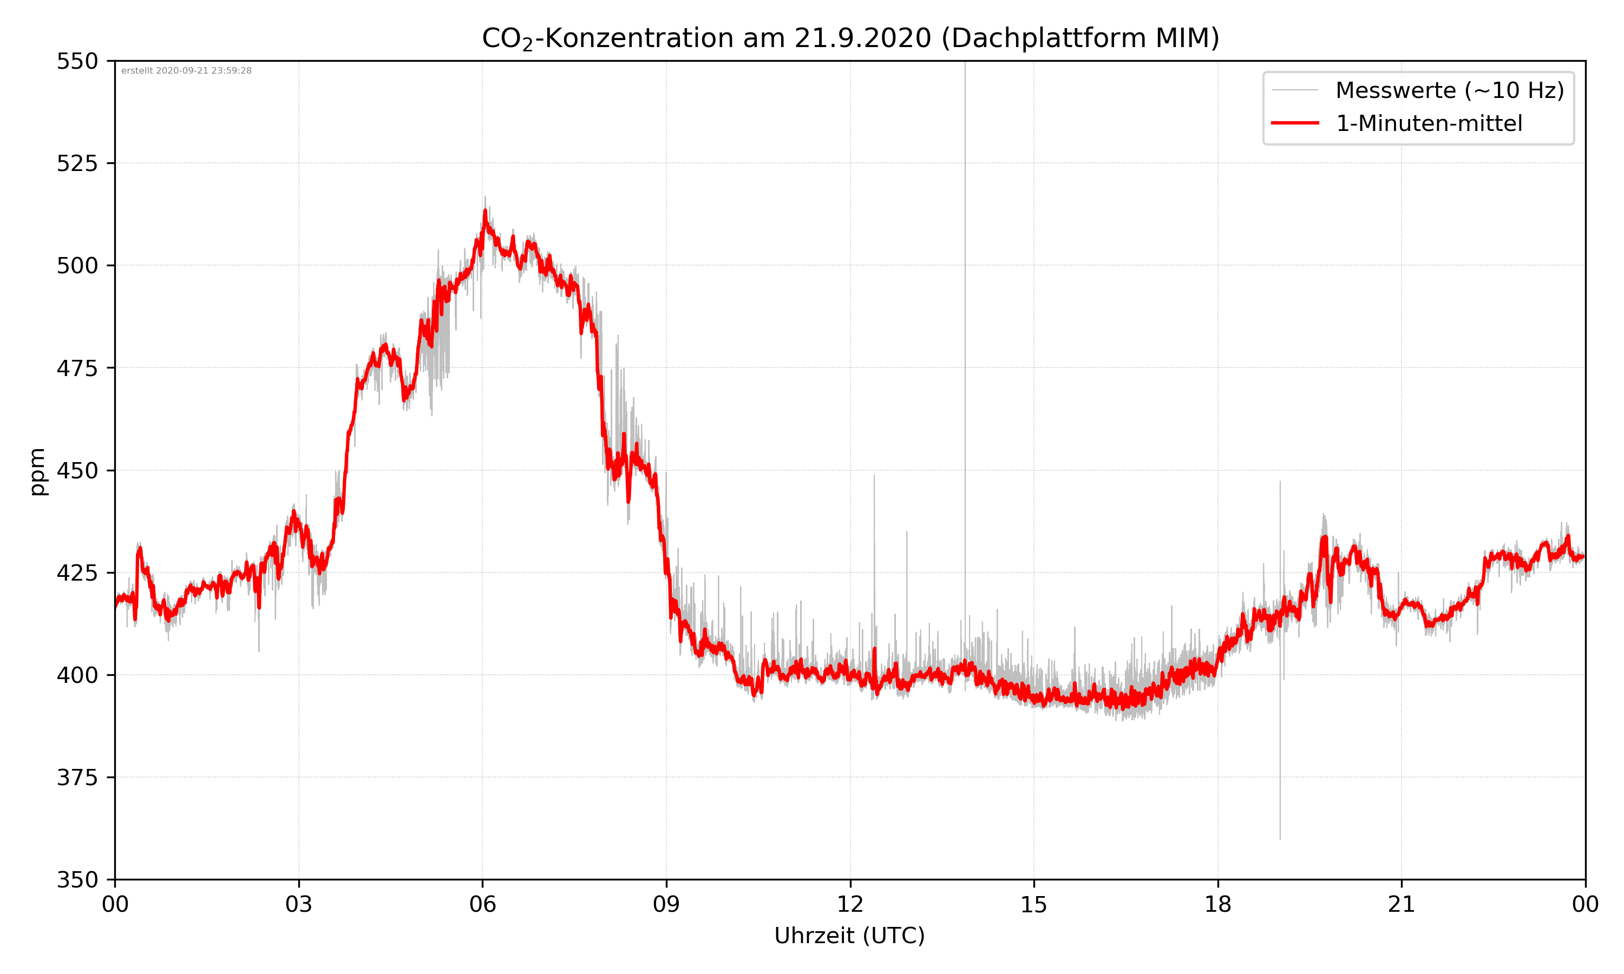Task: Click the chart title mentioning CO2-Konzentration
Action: [x=850, y=38]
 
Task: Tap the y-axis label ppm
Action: [x=37, y=471]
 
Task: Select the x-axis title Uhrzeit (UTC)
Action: [x=849, y=935]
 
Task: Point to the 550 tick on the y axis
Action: [x=77, y=61]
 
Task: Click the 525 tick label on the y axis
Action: [x=77, y=163]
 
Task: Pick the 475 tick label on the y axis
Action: [x=77, y=368]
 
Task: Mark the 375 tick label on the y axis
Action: [x=77, y=778]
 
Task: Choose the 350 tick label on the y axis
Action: [x=77, y=879]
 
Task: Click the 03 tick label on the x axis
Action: [x=299, y=904]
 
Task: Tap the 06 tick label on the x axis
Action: [x=482, y=904]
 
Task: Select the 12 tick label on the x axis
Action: [x=850, y=904]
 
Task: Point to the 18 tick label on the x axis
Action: [x=1217, y=904]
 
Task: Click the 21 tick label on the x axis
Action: [x=1402, y=904]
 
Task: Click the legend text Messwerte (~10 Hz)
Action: [x=1449, y=90]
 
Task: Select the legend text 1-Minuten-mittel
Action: [x=1429, y=123]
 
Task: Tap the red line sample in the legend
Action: [x=1294, y=123]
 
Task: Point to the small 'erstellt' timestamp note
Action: [x=186, y=71]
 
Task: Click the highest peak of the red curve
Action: [x=485, y=210]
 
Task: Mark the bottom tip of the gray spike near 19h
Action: [x=1279, y=838]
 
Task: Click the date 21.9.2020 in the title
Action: [x=862, y=38]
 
